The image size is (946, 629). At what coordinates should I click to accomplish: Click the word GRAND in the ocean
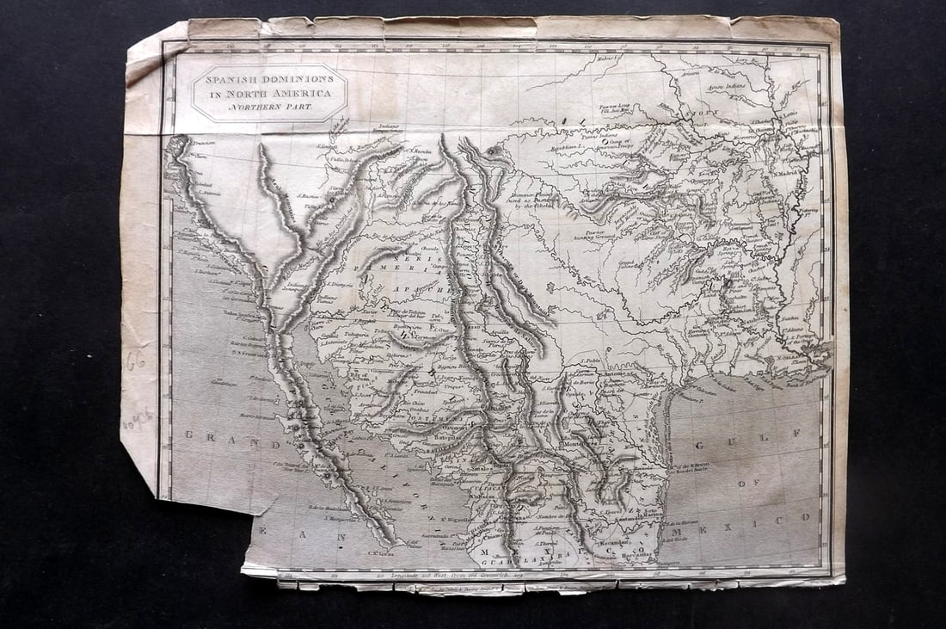[x=210, y=435]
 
